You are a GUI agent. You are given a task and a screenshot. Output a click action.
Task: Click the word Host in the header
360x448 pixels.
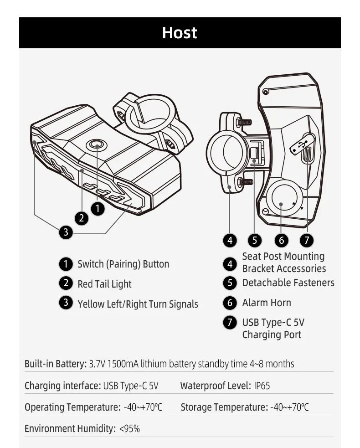[180, 33]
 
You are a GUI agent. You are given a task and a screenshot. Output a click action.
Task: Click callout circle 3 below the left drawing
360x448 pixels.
[66, 232]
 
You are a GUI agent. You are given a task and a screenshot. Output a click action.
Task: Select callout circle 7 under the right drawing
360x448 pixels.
[307, 240]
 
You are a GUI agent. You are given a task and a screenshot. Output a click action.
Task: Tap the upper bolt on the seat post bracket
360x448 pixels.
[244, 122]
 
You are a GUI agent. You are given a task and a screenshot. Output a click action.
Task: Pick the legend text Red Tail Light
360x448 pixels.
[104, 284]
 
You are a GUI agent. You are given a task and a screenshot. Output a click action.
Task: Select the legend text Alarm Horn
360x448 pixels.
[267, 303]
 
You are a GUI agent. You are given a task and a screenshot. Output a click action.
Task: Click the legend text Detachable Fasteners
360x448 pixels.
[288, 283]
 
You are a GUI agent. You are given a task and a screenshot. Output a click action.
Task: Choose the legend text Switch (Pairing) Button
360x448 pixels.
[123, 264]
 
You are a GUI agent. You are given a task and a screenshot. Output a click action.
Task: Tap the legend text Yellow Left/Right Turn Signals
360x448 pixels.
[138, 304]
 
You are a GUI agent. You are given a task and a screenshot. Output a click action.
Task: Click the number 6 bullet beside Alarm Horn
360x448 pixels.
[230, 303]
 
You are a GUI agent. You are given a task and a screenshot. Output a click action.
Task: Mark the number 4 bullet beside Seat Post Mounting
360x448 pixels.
[230, 263]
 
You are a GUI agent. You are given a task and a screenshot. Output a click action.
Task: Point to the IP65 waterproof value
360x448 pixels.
[262, 386]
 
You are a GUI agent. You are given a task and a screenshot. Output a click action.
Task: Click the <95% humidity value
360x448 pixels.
[129, 428]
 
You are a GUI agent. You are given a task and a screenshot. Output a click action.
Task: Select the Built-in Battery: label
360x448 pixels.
[55, 364]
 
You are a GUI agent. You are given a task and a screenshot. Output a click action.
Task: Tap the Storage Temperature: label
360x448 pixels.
[224, 407]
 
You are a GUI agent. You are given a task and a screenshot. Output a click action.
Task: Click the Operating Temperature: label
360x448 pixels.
[72, 407]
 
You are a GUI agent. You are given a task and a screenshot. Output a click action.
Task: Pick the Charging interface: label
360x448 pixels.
[62, 386]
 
